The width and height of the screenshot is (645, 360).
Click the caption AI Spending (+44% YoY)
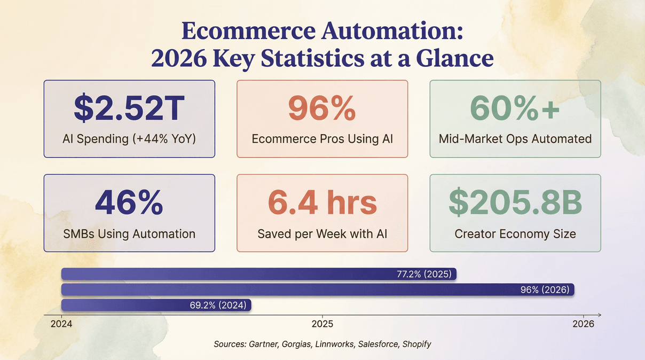point(129,139)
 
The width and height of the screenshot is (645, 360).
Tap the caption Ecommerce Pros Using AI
point(322,139)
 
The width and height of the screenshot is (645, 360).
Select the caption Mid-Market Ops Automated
point(515,139)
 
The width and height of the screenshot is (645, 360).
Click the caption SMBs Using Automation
point(129,234)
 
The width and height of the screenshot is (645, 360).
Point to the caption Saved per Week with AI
point(322,234)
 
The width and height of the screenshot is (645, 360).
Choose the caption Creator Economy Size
point(515,234)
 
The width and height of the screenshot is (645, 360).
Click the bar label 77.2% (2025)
point(424,275)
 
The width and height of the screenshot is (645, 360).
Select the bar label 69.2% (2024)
point(218,306)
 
